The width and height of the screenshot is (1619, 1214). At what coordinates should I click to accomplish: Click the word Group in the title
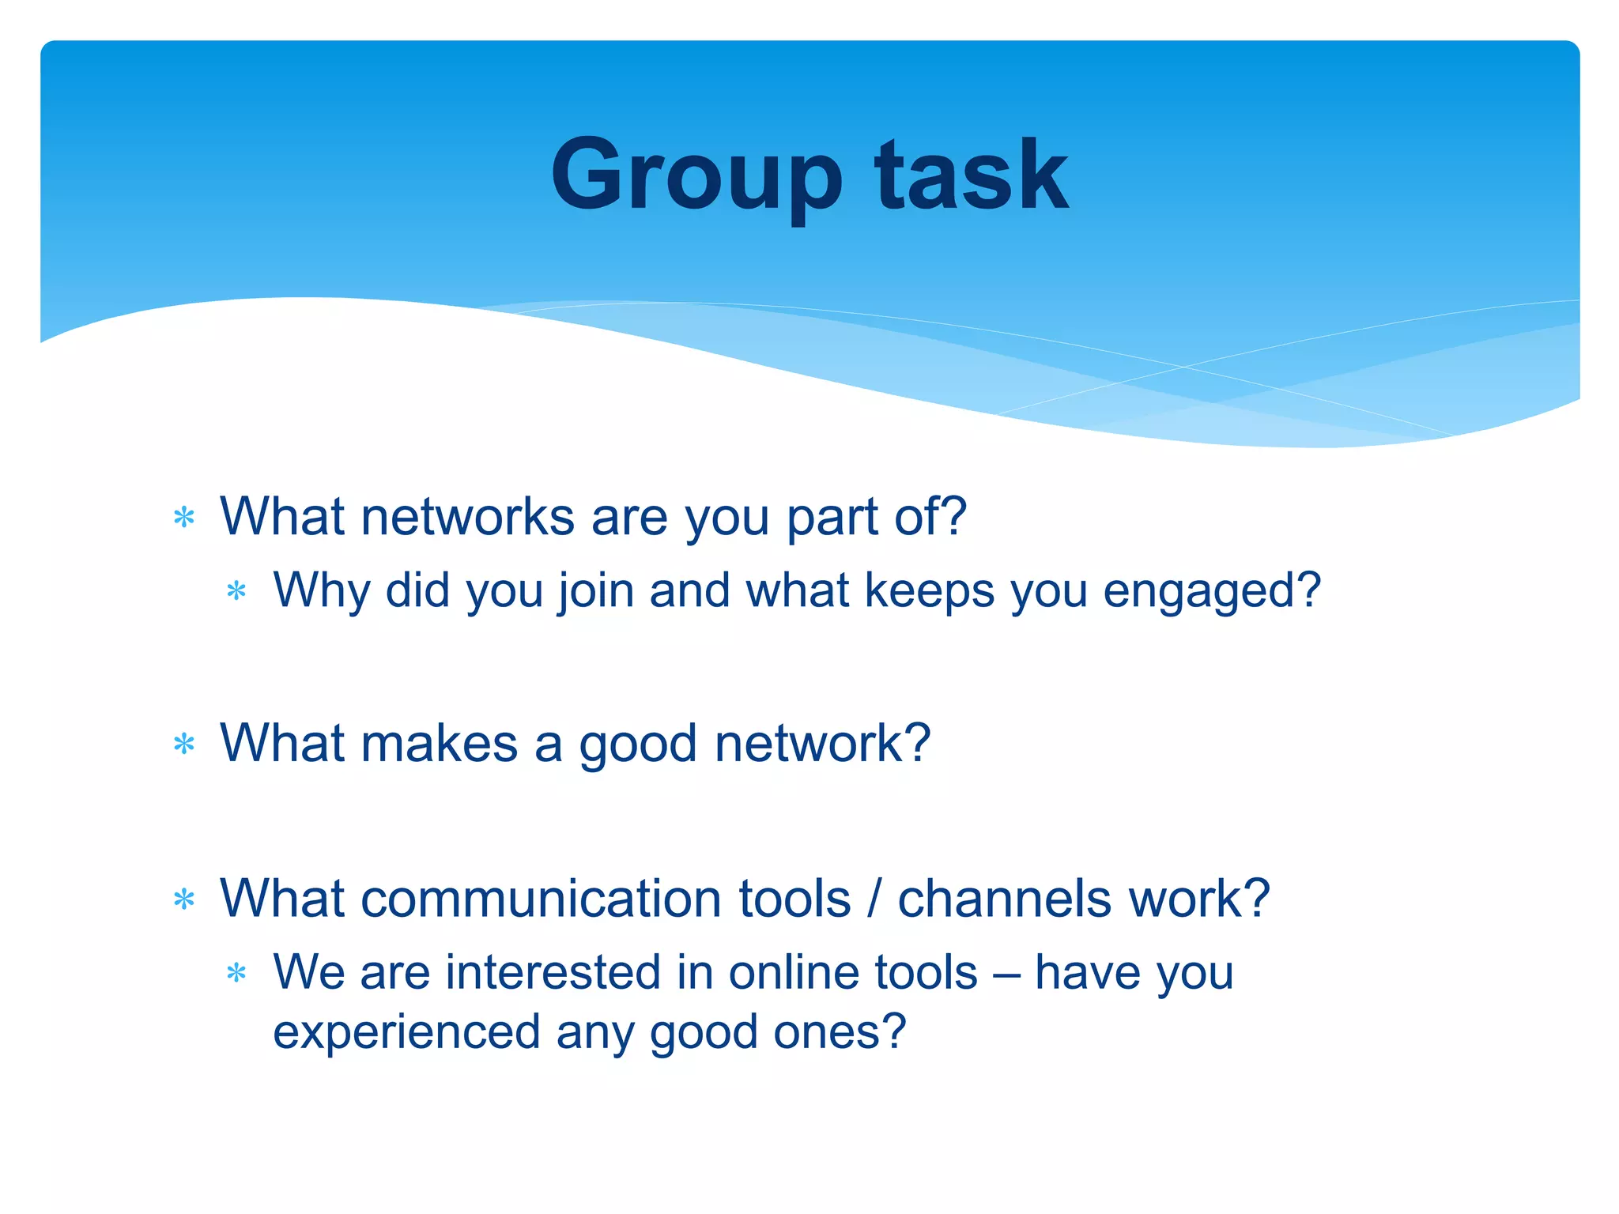point(696,175)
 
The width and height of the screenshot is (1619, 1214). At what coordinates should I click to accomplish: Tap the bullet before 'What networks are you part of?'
point(184,518)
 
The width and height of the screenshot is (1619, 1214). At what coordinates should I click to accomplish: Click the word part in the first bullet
point(832,519)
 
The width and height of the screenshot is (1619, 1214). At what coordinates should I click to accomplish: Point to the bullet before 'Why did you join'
point(236,591)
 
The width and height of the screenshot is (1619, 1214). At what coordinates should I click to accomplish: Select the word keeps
point(930,591)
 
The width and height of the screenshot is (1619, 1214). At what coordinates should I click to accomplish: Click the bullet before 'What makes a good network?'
point(184,744)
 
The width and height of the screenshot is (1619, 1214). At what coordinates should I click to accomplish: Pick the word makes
point(440,744)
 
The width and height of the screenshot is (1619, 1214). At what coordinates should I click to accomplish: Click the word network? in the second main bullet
point(822,744)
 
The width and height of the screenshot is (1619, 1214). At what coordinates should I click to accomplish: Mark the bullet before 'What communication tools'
point(184,899)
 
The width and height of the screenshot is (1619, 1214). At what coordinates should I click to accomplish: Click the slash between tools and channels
point(874,899)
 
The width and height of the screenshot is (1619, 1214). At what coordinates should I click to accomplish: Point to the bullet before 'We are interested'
point(236,973)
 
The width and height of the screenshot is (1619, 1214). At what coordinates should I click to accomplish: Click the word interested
point(553,972)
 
